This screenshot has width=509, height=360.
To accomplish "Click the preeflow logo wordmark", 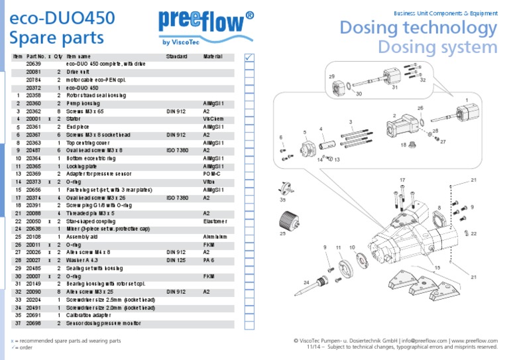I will pyautogui.click(x=205, y=21).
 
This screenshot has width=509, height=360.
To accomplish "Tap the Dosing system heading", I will pyautogui.click(x=437, y=47).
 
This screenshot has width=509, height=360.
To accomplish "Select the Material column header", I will pyautogui.click(x=213, y=57).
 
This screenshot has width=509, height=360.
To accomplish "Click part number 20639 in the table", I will pyautogui.click(x=33, y=64).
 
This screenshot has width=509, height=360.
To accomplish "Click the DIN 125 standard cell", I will pyautogui.click(x=176, y=260).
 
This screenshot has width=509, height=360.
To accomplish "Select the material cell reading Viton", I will pyautogui.click(x=209, y=181).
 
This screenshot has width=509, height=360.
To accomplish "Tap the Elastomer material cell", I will pyautogui.click(x=215, y=221).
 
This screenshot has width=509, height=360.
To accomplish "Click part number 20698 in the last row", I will pyautogui.click(x=33, y=324).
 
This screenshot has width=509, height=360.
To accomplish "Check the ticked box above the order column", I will pyautogui.click(x=249, y=58).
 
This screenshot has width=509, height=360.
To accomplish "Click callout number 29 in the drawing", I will pyautogui.click(x=331, y=77).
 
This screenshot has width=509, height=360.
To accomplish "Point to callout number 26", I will pyautogui.click(x=420, y=107).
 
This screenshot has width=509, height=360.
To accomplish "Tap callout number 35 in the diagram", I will pyautogui.click(x=284, y=199).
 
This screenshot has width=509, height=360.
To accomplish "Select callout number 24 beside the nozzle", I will pyautogui.click(x=306, y=283).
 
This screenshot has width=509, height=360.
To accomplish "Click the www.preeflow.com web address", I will pyautogui.click(x=473, y=340).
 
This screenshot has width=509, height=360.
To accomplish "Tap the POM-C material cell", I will pyautogui.click(x=213, y=173).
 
